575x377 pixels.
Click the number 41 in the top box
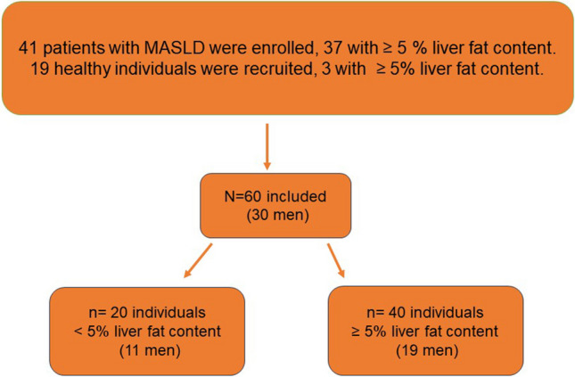(x=28, y=48)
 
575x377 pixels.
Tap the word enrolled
(x=280, y=48)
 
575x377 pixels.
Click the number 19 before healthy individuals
(x=40, y=69)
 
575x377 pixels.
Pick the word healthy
(x=82, y=70)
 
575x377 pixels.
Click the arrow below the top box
(x=267, y=147)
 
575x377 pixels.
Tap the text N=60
(x=242, y=197)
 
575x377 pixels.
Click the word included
(x=296, y=197)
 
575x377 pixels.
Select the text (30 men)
(x=277, y=216)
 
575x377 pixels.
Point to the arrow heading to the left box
(x=198, y=260)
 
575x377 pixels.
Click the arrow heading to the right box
(x=336, y=260)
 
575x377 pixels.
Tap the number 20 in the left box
(x=119, y=313)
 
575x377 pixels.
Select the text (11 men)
(x=150, y=350)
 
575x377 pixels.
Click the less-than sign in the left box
(x=78, y=332)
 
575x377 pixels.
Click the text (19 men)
(x=427, y=350)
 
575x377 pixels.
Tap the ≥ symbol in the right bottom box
(x=356, y=332)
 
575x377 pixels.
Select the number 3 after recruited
(x=326, y=69)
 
